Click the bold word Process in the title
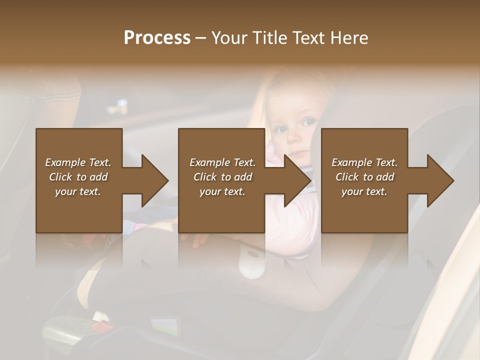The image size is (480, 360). [x=157, y=38]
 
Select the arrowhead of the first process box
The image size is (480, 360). [x=154, y=180]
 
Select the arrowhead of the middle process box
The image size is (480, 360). [x=297, y=180]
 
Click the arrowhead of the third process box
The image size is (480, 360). [x=440, y=180]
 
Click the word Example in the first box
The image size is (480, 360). [x=65, y=162]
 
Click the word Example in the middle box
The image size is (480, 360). [x=209, y=162]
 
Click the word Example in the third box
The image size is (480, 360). [x=351, y=162]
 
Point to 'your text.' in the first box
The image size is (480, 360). [x=78, y=191]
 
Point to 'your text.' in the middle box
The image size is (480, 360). [x=222, y=191]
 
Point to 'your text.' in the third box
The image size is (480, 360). [x=364, y=191]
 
